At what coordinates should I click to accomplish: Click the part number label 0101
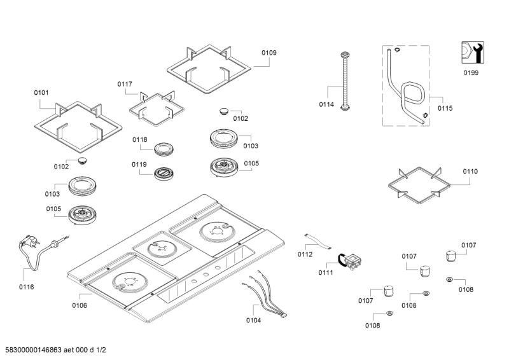(41, 93)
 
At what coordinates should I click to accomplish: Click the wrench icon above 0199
(471, 52)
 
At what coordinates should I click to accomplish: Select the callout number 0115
(445, 108)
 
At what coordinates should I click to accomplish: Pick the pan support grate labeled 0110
(420, 186)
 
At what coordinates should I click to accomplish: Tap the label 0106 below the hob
(80, 305)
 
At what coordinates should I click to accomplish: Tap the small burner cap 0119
(165, 172)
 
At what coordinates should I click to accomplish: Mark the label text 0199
(471, 73)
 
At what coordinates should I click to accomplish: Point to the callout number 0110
(470, 172)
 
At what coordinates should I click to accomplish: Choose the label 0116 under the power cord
(26, 287)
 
